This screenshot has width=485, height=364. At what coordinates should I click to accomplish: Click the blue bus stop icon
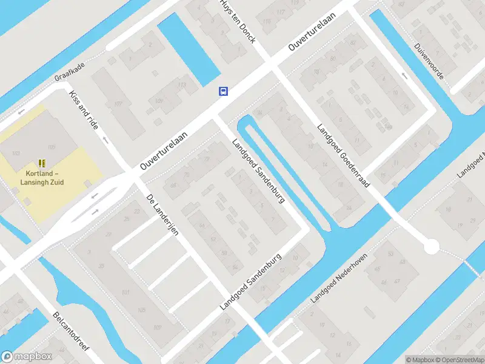point(224,91)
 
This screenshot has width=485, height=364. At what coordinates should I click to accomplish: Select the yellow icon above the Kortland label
point(42,163)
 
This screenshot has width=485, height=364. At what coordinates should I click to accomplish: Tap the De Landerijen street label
point(162,217)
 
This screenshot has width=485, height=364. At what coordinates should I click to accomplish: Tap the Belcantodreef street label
point(71,331)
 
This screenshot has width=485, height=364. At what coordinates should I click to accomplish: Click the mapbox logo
point(27,357)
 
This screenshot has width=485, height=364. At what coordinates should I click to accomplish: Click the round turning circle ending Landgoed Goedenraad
point(431,247)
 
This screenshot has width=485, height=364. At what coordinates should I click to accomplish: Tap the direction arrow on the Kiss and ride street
point(106,140)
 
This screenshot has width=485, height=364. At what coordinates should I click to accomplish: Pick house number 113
point(181,85)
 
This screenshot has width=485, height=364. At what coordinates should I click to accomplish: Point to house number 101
point(126,293)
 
